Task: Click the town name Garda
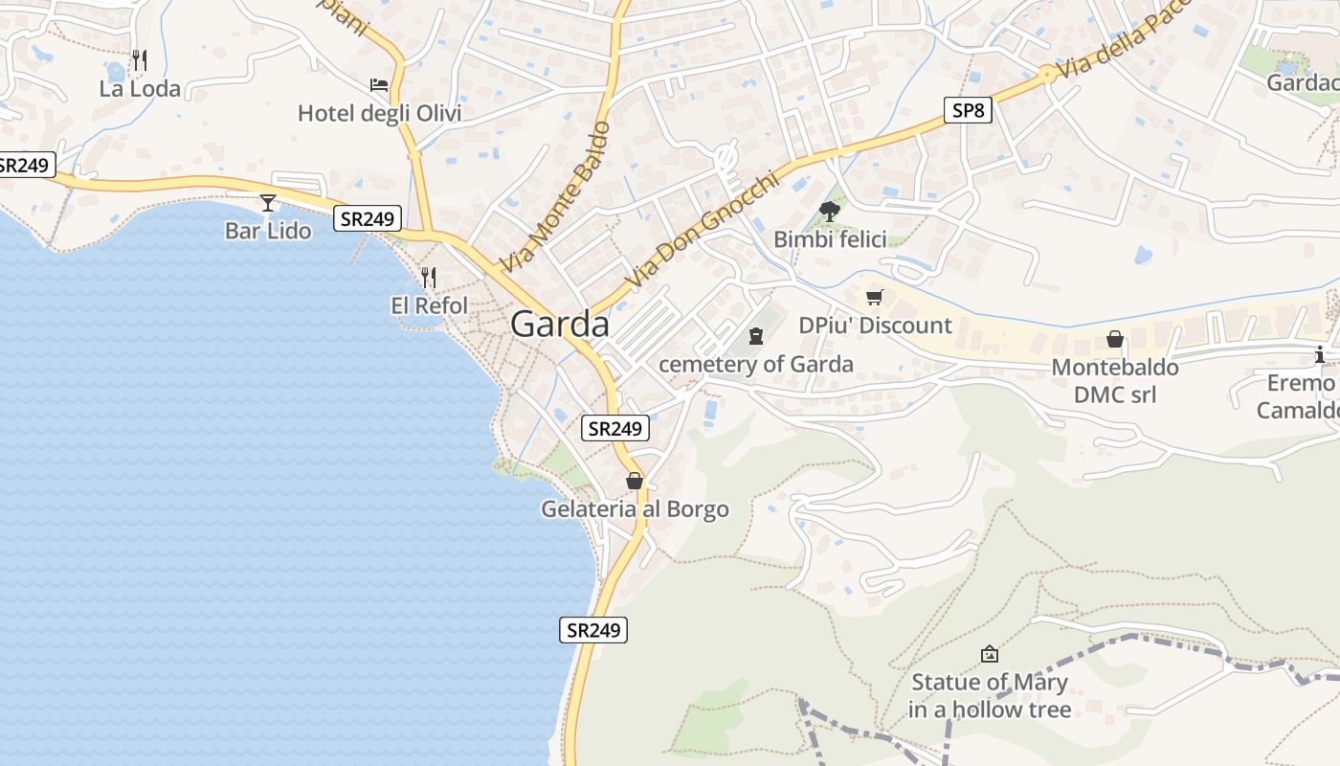coord(560,325)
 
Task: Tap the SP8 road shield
coord(968,110)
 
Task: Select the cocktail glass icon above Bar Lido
coord(268,202)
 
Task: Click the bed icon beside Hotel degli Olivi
coord(379,85)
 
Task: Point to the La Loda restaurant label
coord(140,89)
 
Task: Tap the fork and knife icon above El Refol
coord(429,278)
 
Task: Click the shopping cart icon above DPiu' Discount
coord(874,297)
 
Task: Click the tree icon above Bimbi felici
coord(830,212)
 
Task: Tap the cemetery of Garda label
coord(756,364)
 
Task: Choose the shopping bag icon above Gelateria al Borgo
coord(634,481)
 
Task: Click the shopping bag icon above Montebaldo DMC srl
coord(1115,339)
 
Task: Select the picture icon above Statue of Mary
coord(990,654)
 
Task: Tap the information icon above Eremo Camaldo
coord(1321,354)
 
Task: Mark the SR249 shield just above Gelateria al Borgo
coord(614,428)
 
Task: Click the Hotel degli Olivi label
coord(379,114)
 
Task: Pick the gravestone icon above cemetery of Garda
coord(756,335)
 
